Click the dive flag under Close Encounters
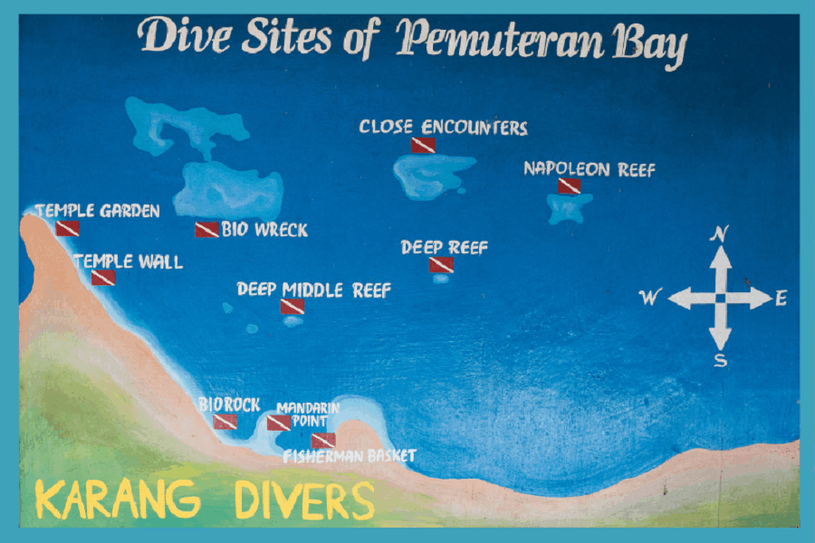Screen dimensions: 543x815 (424, 145)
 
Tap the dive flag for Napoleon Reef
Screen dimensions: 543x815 (569, 186)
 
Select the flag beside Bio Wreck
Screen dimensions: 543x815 (206, 230)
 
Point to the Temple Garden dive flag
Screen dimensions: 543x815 (67, 228)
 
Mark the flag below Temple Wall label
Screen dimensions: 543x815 (103, 277)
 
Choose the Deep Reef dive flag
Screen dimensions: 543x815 (441, 264)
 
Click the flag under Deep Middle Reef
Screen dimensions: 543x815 (292, 306)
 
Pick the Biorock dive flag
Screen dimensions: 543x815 (225, 422)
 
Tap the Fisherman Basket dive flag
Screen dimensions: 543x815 (323, 441)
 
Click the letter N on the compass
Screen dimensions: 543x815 (720, 234)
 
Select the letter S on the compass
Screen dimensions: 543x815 (720, 361)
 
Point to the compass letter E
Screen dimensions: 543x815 (781, 298)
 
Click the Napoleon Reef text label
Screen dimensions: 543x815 (589, 169)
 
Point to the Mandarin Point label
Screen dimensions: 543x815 (308, 414)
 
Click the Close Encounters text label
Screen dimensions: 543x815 (443, 128)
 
